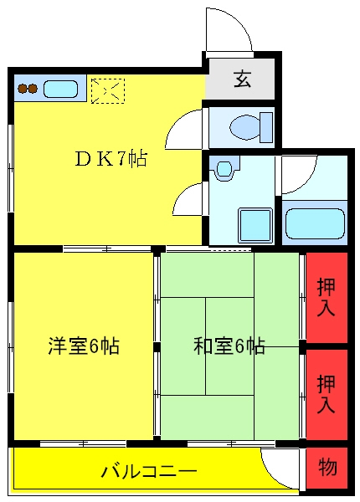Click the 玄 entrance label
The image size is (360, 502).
pyautogui.click(x=242, y=79)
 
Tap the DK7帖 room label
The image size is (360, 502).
pyautogui.click(x=111, y=158)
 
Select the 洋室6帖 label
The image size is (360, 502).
pyautogui.click(x=84, y=346)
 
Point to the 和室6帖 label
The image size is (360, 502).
pyautogui.click(x=229, y=346)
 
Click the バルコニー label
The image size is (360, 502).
pyautogui.click(x=149, y=471)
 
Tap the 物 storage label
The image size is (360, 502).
pyautogui.click(x=327, y=467)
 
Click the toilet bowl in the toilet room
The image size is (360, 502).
pyautogui.click(x=251, y=127)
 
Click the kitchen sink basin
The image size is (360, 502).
pyautogui.click(x=60, y=89)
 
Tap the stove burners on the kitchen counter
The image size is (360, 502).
pyautogui.click(x=28, y=89)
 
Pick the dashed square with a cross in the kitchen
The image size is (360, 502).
pyautogui.click(x=108, y=91)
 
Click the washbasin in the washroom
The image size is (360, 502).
pyautogui.click(x=224, y=169)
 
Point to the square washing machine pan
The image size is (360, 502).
pyautogui.click(x=255, y=225)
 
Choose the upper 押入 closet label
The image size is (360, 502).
pyautogui.click(x=326, y=297)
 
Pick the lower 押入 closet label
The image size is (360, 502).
pyautogui.click(x=326, y=394)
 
